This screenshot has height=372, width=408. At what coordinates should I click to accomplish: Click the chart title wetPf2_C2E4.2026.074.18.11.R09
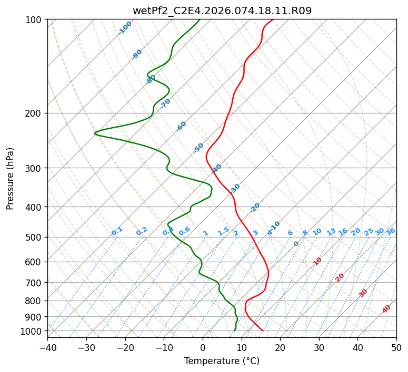(222, 10)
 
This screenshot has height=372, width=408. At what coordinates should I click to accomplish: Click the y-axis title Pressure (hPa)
(10, 178)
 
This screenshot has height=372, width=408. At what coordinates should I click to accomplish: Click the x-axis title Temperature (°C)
(222, 361)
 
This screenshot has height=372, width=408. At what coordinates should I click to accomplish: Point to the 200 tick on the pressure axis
(35, 113)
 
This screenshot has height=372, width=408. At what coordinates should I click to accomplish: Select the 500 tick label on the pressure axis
(35, 237)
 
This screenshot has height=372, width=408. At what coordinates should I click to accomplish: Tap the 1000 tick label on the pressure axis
(33, 331)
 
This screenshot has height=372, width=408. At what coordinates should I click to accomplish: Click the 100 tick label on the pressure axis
(35, 20)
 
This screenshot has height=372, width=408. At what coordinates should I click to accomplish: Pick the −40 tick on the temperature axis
(47, 348)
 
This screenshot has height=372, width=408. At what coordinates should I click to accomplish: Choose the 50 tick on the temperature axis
(396, 348)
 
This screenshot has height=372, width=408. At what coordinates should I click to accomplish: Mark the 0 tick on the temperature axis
(203, 348)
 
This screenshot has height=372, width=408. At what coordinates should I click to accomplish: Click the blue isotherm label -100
(125, 28)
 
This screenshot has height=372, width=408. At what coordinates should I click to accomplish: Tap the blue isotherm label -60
(182, 126)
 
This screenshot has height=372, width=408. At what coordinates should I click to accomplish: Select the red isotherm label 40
(386, 309)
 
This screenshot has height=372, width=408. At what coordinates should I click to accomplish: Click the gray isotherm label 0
(296, 244)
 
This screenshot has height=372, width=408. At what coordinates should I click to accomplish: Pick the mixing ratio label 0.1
(117, 231)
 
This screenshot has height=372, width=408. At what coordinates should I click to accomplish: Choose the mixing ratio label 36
(391, 231)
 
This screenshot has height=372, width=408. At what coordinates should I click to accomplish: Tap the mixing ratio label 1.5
(223, 231)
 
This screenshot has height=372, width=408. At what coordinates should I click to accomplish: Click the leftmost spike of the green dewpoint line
(95, 133)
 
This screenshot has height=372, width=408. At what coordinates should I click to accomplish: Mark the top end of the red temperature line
(273, 20)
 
